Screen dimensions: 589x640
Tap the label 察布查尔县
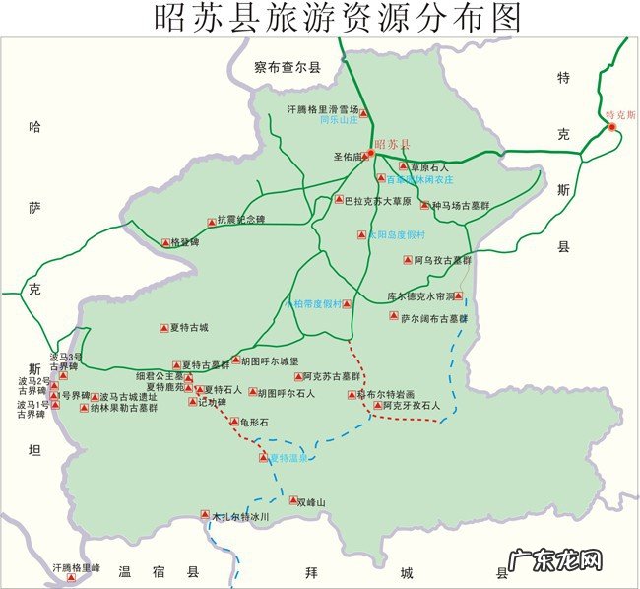click(x=288, y=68)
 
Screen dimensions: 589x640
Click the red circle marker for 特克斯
click(x=611, y=127)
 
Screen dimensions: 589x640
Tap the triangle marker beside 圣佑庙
click(x=367, y=155)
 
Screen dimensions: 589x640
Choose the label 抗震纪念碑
click(x=242, y=220)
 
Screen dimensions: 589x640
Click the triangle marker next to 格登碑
click(x=165, y=242)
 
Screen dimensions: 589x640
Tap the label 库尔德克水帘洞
click(x=420, y=295)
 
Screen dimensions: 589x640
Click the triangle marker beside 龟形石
click(x=233, y=423)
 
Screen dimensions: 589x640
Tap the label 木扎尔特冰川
click(x=240, y=515)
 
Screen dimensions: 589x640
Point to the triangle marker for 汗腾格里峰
click(x=70, y=578)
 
